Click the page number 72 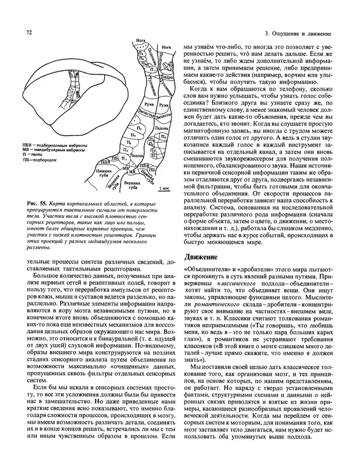coord(28,31)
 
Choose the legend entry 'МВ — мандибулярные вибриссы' coord(56,150)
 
